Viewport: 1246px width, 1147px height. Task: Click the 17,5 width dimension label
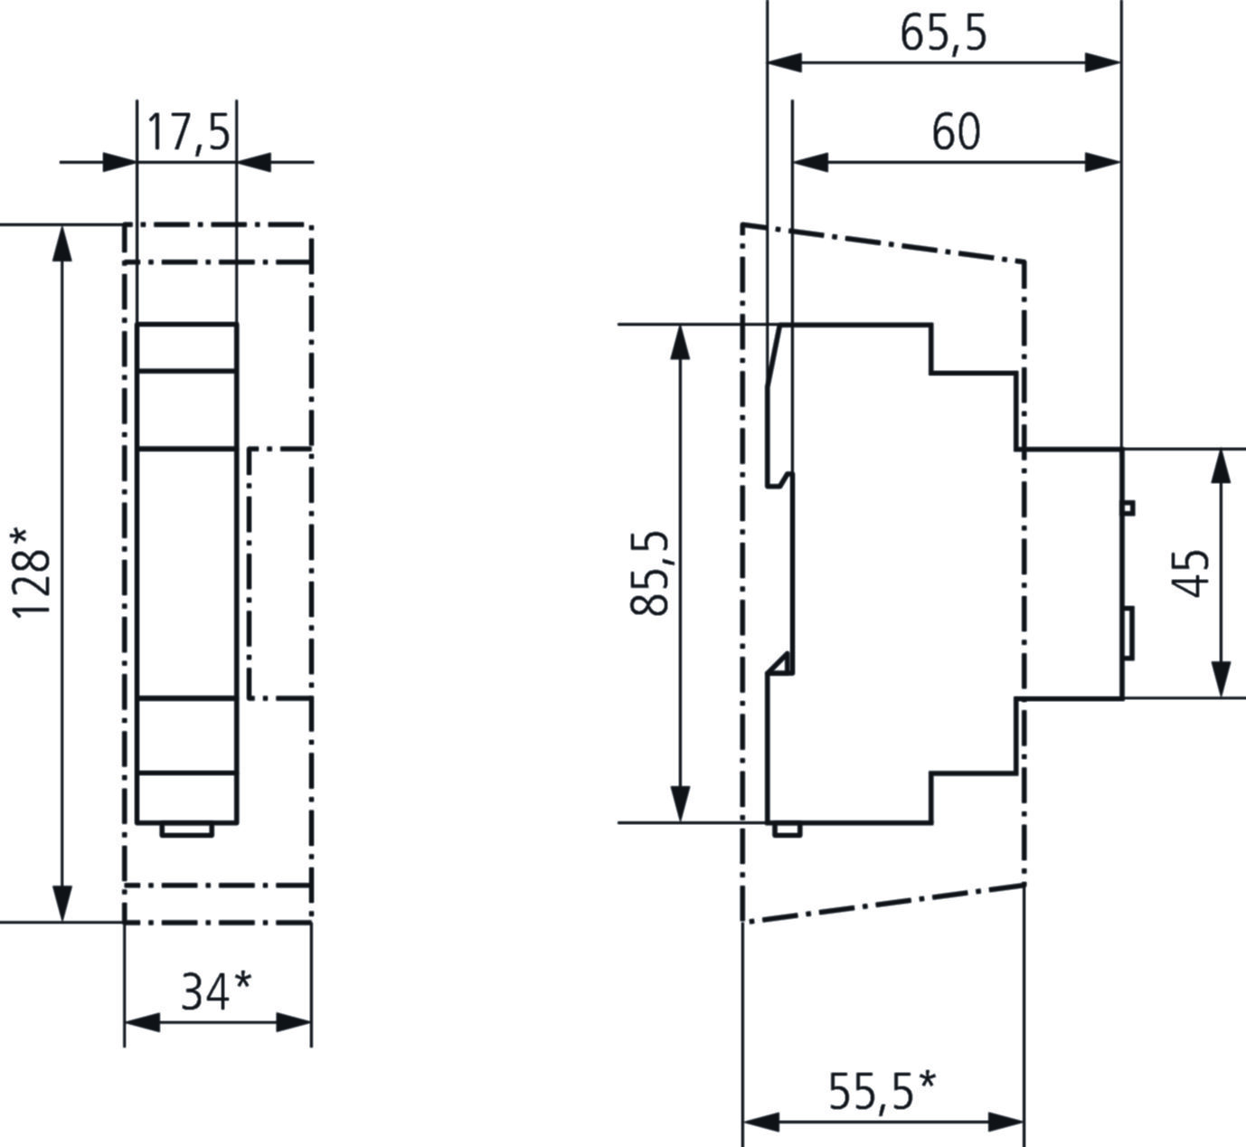(188, 132)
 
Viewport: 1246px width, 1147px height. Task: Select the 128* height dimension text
(31, 573)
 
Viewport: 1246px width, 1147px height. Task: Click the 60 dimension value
(956, 132)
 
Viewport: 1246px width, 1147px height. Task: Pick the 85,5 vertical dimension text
(649, 573)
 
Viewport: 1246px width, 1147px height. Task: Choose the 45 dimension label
(1192, 573)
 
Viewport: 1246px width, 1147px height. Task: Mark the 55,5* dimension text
(882, 1090)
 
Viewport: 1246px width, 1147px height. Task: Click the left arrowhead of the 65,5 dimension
(785, 62)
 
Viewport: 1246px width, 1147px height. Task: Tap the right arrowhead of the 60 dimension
(1103, 163)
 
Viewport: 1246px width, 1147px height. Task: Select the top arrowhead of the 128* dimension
(61, 243)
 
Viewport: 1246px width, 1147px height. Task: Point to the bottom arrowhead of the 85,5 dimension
(680, 804)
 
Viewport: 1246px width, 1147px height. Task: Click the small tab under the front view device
(187, 829)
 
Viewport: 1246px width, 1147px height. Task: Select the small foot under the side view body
(787, 829)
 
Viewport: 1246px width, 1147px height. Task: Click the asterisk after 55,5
(926, 1079)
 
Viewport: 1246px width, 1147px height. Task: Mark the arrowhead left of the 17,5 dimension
(119, 163)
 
